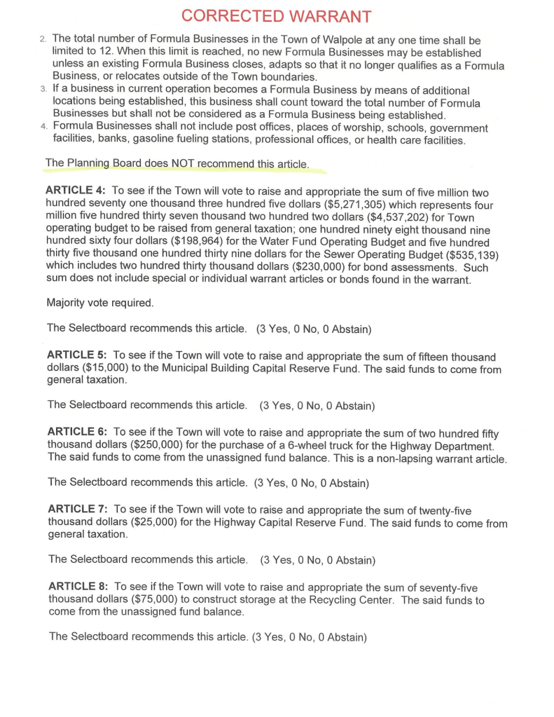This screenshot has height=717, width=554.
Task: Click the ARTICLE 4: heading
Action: click(75, 191)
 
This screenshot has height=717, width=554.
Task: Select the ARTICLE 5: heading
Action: click(75, 357)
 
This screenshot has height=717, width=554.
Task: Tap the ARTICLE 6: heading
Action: click(76, 433)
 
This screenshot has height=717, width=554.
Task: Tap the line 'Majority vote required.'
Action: click(99, 303)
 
